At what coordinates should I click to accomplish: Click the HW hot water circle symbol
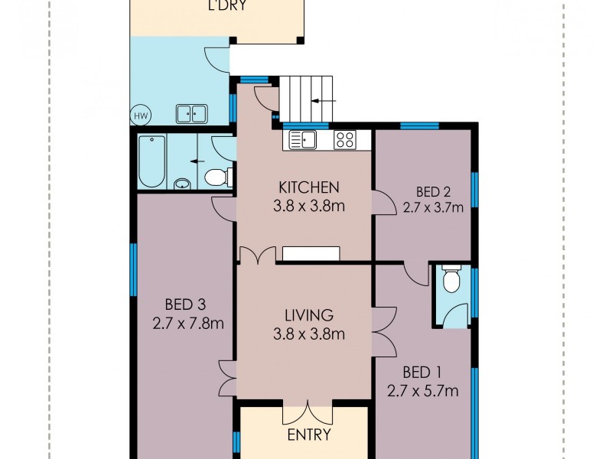click(x=141, y=116)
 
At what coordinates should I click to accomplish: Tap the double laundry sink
click(x=191, y=114)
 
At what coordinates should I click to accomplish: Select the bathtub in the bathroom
click(x=151, y=161)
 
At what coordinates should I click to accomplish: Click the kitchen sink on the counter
click(x=302, y=140)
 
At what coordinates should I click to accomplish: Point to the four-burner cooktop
click(x=345, y=140)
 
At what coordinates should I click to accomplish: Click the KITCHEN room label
click(x=309, y=187)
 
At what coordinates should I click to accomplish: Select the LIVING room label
click(x=309, y=315)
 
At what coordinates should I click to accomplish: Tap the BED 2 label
click(x=433, y=192)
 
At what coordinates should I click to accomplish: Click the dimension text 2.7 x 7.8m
click(x=187, y=324)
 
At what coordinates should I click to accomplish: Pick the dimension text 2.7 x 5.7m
click(x=423, y=391)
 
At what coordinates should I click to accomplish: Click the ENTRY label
click(x=309, y=435)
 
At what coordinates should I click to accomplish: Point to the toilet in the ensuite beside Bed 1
click(x=451, y=279)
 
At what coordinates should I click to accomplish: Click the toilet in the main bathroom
click(x=217, y=177)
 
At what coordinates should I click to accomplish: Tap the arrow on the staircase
click(x=324, y=101)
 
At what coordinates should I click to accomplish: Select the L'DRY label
click(x=227, y=5)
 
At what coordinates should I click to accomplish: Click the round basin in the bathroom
click(x=182, y=184)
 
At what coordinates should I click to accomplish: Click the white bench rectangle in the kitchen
click(x=311, y=253)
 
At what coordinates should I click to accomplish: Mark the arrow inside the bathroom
click(x=197, y=161)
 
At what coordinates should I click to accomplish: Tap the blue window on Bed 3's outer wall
click(x=133, y=269)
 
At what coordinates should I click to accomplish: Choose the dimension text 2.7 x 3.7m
click(x=433, y=207)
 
